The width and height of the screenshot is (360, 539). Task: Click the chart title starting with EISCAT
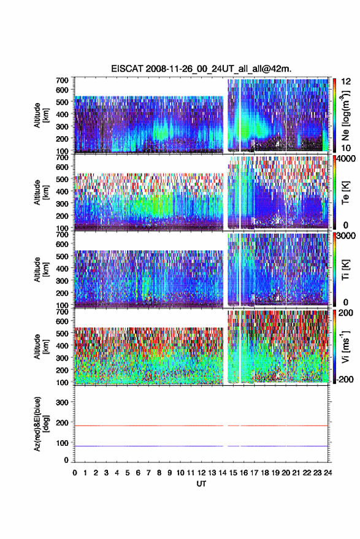201,69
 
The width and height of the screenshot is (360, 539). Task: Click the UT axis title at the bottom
202,484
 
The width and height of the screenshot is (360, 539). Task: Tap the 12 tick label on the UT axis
202,473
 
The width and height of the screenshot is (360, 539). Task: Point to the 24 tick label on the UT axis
327,473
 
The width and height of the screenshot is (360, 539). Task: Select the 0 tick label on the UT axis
75,473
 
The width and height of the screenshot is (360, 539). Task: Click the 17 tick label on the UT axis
254,473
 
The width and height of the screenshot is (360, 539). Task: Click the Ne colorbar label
345,115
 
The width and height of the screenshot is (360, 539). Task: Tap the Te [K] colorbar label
345,193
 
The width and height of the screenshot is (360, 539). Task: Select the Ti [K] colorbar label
345,270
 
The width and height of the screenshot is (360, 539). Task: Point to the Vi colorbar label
345,346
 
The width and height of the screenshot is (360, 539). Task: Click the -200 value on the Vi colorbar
345,380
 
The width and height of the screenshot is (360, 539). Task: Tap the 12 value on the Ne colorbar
346,82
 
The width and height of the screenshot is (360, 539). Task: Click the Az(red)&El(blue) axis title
41,424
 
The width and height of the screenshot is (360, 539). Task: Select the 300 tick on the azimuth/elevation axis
62,402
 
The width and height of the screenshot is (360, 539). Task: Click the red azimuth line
201,426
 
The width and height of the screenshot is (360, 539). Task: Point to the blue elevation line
201,446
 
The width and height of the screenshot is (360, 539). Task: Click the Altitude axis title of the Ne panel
41,115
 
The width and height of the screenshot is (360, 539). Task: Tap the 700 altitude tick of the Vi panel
62,312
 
